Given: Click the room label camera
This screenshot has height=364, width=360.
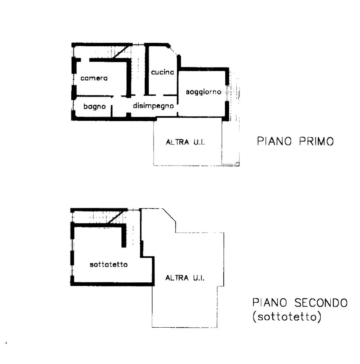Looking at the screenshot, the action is [94, 78].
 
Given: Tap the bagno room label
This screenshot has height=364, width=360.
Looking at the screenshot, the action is [95, 106].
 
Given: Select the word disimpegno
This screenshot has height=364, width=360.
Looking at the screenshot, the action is [153, 106].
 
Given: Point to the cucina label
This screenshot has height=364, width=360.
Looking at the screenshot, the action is [162, 72].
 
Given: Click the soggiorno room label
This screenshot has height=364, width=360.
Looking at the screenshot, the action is [203, 92].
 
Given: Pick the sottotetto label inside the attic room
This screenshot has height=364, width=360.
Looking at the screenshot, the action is [108, 265].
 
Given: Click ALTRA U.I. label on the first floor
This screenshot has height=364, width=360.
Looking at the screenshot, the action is [185, 142].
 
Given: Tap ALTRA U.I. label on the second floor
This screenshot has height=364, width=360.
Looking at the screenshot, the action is [185, 278].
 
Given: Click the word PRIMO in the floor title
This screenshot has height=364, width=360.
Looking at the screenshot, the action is [316, 141].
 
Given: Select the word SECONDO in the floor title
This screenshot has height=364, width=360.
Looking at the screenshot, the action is [321, 303].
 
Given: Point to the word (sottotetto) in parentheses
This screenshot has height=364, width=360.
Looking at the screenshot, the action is [287, 317].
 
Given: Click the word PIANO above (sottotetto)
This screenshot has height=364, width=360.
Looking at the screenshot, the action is [270, 303].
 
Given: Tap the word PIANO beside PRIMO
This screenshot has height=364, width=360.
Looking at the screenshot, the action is [274, 141].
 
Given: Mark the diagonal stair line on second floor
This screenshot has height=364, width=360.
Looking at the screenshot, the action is [116, 216].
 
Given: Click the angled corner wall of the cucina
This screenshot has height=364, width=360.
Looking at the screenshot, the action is [173, 50].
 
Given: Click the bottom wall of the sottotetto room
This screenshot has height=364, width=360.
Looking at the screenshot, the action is [112, 284].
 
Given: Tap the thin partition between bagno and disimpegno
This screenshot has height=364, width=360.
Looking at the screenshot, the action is [112, 111].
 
